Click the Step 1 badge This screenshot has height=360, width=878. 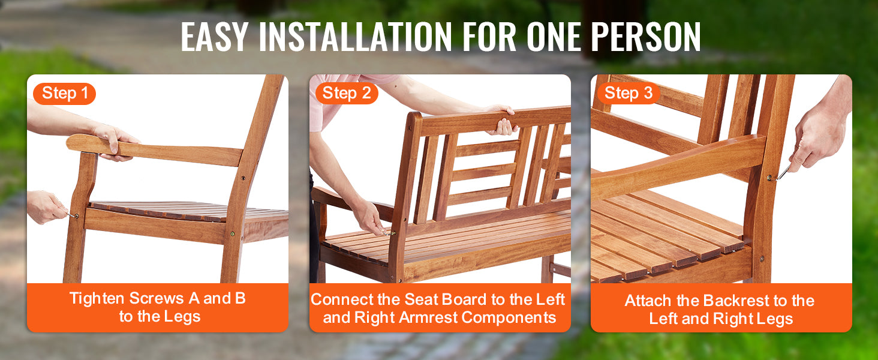[65, 94]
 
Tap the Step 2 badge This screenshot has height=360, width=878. [347, 94]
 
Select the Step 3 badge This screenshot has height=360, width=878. [629, 94]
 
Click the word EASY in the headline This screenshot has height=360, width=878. [214, 37]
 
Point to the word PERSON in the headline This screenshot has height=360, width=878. [645, 37]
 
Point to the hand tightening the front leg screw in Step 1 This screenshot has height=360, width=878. [46, 206]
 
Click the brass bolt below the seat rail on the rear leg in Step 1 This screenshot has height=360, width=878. [232, 234]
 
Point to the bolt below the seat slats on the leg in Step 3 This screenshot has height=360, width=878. [762, 259]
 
